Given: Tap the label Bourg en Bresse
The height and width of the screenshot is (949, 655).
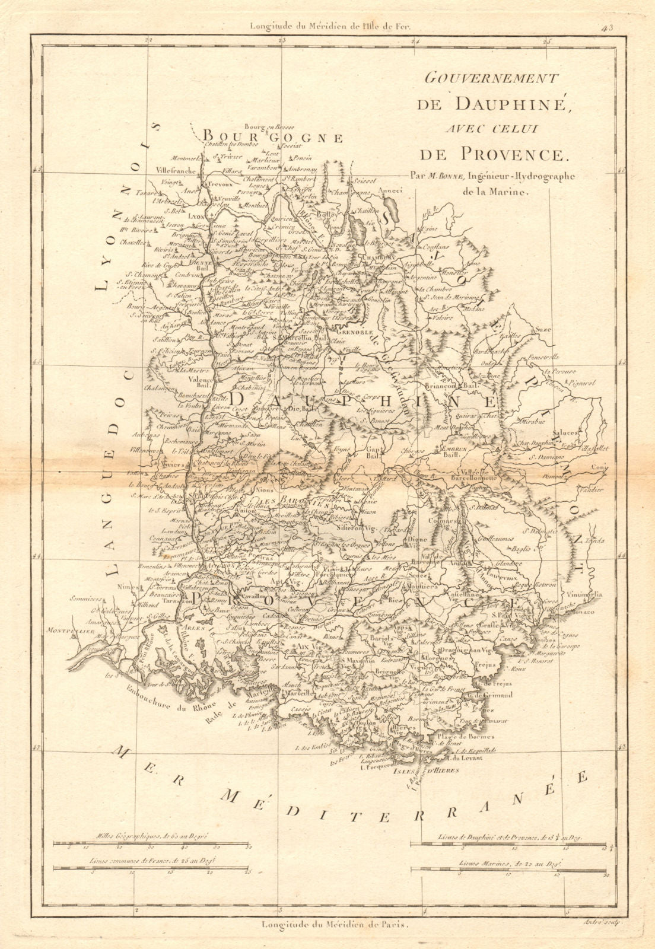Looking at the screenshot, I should coord(264,126).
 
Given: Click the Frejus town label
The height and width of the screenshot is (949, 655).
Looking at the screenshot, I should coord(485,665).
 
